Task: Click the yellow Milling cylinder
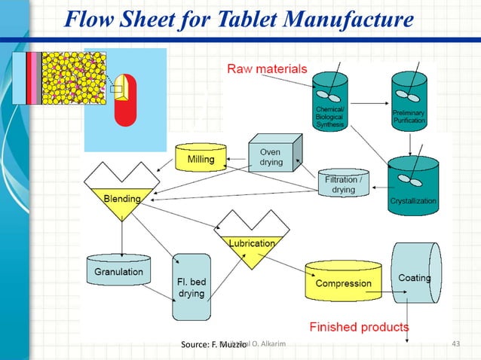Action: pyautogui.click(x=201, y=157)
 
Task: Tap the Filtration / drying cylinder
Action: pyautogui.click(x=344, y=183)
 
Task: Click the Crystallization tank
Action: pyautogui.click(x=412, y=185)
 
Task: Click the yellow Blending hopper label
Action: pyautogui.click(x=122, y=200)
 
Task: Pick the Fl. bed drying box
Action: pyautogui.click(x=191, y=287)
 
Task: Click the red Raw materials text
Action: pyautogui.click(x=267, y=69)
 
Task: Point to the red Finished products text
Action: pyautogui.click(x=360, y=327)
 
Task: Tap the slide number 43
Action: pyautogui.click(x=455, y=344)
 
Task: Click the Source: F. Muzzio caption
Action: pyautogui.click(x=209, y=345)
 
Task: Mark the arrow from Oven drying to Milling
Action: pyautogui.click(x=235, y=159)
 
